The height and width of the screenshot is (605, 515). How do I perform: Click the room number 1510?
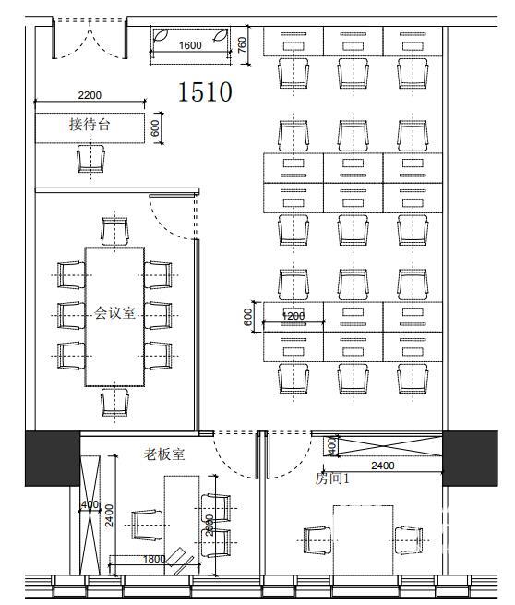tap(205, 91)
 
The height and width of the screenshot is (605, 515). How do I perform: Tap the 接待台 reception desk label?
tap(90, 125)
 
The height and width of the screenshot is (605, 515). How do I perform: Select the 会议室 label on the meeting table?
tap(114, 312)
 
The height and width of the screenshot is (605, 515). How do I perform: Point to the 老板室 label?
tap(164, 454)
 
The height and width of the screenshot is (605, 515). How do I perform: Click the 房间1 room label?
tap(332, 478)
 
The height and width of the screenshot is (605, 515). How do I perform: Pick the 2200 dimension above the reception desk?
tap(90, 95)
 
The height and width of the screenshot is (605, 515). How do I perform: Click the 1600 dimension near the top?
tap(190, 45)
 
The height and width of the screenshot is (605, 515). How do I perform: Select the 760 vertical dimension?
tap(242, 44)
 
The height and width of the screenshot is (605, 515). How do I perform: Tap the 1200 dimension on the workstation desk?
tap(293, 316)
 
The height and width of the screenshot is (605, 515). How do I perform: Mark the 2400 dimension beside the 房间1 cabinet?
tap(383, 466)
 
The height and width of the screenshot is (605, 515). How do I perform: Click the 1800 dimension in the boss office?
tap(154, 559)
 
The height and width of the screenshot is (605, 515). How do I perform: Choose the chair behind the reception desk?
tap(91, 159)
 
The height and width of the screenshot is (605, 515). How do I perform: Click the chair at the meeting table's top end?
tap(114, 231)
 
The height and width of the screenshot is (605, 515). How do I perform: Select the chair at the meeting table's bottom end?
tap(114, 402)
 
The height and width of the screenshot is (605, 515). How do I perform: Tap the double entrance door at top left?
tap(90, 39)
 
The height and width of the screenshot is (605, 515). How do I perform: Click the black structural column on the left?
tap(53, 458)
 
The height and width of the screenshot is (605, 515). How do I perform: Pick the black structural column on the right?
tap(470, 458)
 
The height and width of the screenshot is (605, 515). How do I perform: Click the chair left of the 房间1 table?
tap(317, 540)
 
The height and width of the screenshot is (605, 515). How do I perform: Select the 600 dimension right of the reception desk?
tap(155, 128)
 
